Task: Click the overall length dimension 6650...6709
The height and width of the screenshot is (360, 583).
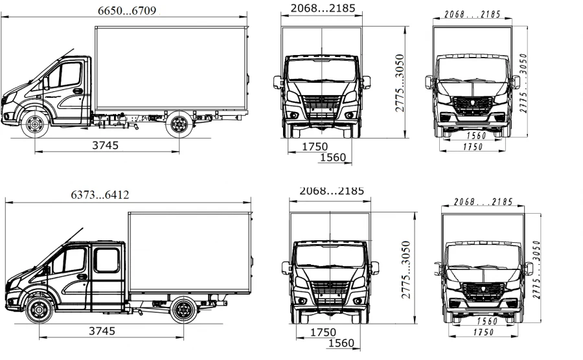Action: (x=126, y=10)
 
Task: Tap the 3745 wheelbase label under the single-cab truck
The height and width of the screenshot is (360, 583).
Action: (x=105, y=146)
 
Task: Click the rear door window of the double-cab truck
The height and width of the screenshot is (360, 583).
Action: (x=106, y=259)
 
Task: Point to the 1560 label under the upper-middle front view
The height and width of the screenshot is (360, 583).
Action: (x=333, y=157)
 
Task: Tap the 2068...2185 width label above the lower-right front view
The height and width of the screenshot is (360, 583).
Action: (x=483, y=202)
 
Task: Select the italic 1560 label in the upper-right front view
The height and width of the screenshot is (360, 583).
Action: (x=477, y=136)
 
